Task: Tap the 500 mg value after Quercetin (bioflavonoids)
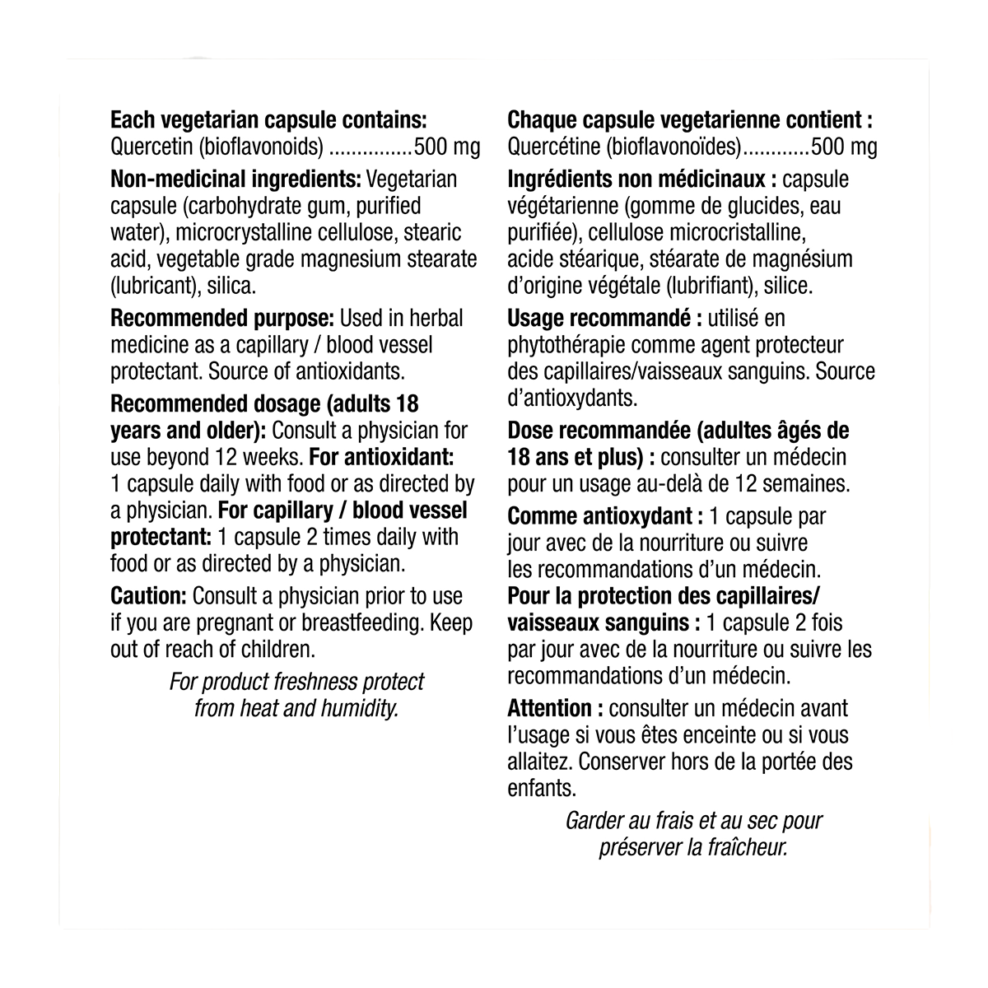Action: (x=446, y=147)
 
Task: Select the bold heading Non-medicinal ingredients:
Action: (x=235, y=179)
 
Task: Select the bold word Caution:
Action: (x=148, y=596)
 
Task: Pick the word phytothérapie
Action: (x=568, y=344)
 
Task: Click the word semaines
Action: (x=807, y=482)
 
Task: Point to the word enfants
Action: (x=540, y=788)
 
